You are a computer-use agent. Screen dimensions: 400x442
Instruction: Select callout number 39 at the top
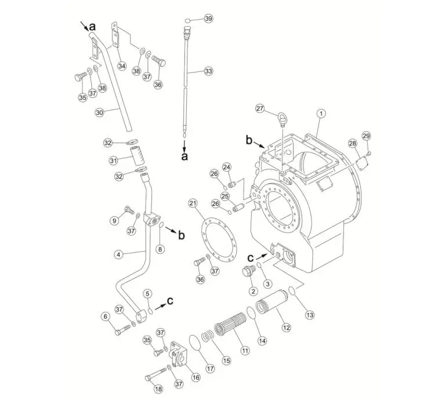coord(208,19)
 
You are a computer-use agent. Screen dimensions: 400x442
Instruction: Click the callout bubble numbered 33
coord(208,71)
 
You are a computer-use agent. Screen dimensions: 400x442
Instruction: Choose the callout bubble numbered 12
coord(286,328)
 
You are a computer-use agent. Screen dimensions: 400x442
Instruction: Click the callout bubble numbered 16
coord(195,377)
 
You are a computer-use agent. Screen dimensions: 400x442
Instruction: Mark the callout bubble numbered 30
coord(99,112)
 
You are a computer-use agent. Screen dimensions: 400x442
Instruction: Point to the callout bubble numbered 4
coord(118,254)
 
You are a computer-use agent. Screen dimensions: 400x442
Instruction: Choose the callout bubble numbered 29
coord(366,136)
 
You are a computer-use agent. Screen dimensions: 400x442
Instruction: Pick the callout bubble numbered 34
coord(121,66)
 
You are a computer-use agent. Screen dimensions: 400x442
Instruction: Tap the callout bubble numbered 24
coord(227,167)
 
